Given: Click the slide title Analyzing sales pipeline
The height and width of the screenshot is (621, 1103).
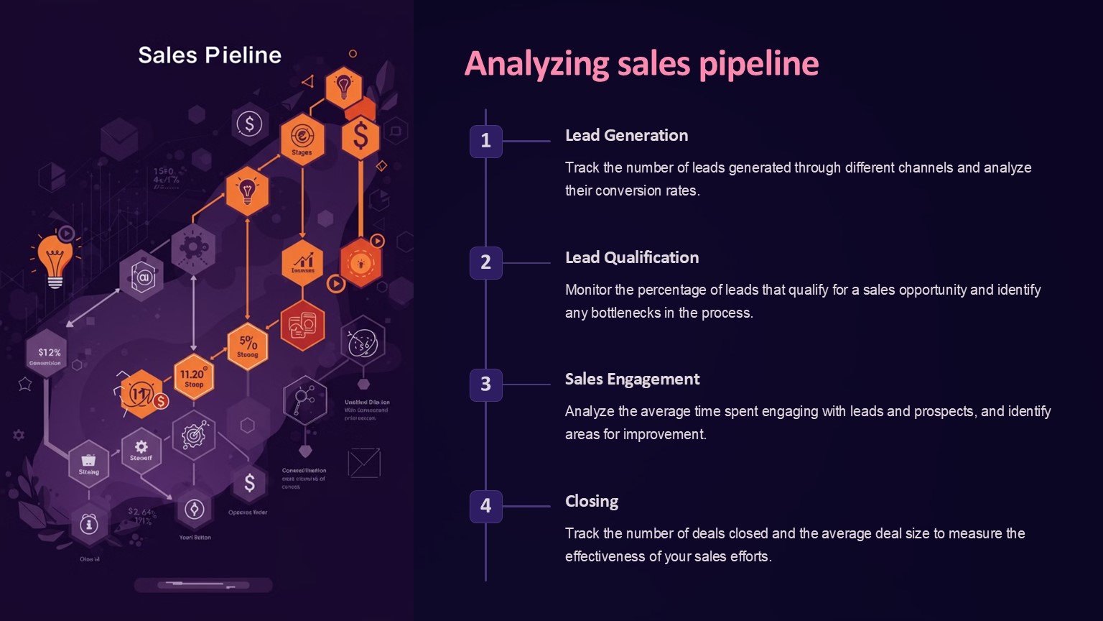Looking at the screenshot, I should [641, 64].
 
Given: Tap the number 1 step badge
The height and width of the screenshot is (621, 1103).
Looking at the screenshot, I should [485, 141].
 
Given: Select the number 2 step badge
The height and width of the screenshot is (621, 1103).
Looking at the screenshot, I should [485, 262].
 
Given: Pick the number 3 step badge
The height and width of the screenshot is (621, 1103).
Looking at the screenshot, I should [485, 385].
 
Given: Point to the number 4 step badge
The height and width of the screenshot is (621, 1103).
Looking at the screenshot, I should [485, 506].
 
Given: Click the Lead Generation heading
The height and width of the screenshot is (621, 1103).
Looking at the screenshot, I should [626, 135].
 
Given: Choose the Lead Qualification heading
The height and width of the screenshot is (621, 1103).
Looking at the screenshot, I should [631, 257].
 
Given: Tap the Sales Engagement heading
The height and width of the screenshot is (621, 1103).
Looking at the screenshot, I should [632, 379].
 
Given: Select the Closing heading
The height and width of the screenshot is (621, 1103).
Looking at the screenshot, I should [591, 501].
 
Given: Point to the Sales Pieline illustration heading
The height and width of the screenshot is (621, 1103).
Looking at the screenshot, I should [210, 55].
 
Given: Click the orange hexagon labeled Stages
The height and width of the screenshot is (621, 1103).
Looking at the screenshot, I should [302, 139].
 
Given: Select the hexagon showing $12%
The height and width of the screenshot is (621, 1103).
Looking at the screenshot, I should [49, 354].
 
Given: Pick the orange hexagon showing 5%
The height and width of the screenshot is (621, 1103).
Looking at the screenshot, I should [248, 346].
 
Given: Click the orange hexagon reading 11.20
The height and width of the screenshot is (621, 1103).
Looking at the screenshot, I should [193, 376].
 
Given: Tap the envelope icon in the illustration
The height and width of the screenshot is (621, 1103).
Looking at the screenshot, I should [364, 463].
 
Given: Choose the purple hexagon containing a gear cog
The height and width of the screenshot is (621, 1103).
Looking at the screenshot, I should [192, 248].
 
